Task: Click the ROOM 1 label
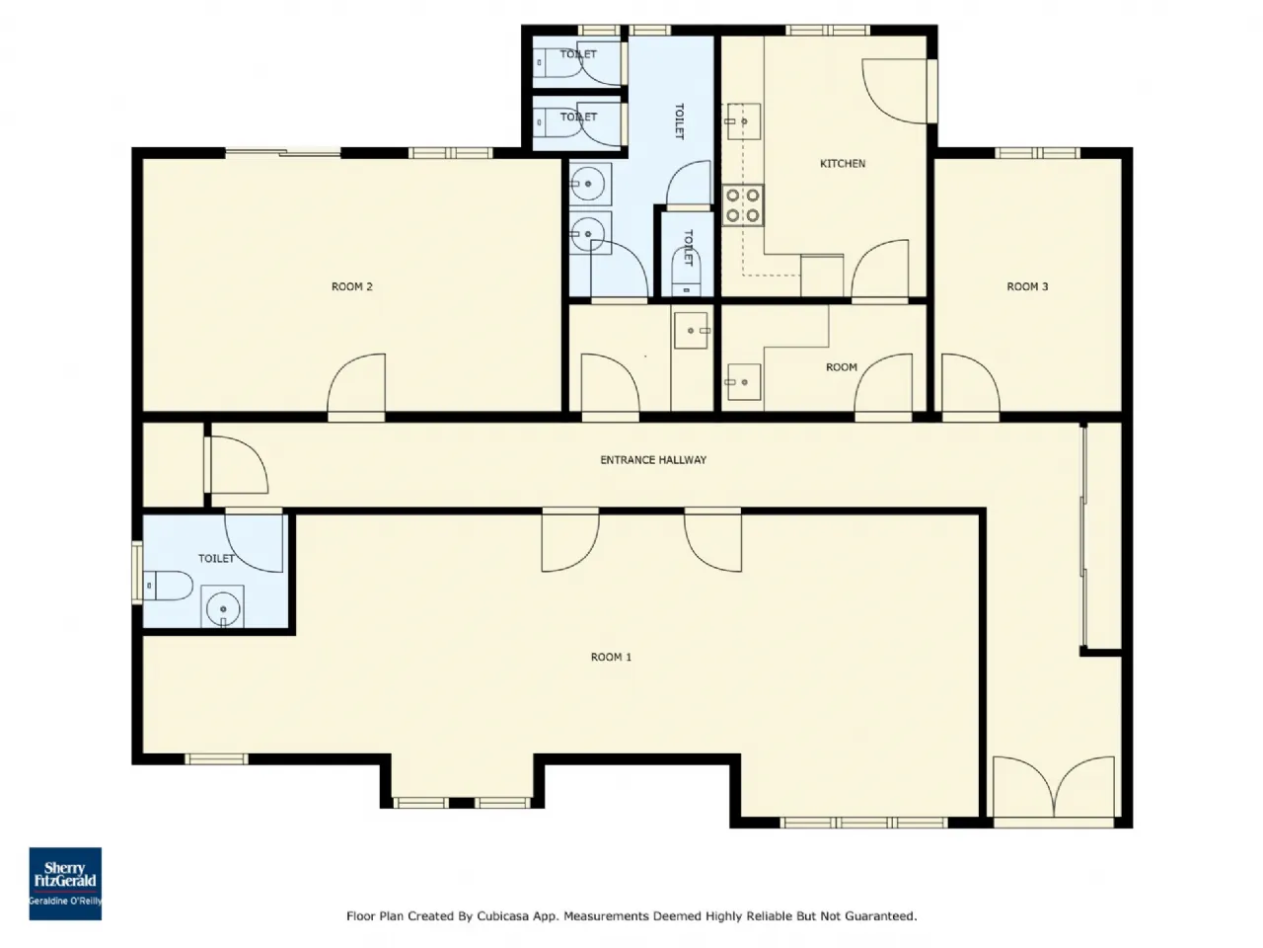coord(611,657)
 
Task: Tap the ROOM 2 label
coord(351,286)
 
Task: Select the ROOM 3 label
coord(1027,286)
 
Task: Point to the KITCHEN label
coord(843,164)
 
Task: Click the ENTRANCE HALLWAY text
coord(653,460)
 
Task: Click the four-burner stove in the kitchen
coord(743,205)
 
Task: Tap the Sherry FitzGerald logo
coord(65,884)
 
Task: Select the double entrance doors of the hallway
coord(1054,791)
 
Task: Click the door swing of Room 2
coord(356,384)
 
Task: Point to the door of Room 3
coord(970,384)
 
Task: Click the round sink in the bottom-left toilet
coord(223,608)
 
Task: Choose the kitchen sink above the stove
coord(743,121)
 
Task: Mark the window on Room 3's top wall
coord(1037,152)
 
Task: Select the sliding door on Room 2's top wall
coord(282,152)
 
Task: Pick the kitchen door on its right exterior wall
coord(899,91)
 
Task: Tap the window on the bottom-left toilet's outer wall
coord(137,573)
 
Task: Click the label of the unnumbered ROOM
coord(842,367)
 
